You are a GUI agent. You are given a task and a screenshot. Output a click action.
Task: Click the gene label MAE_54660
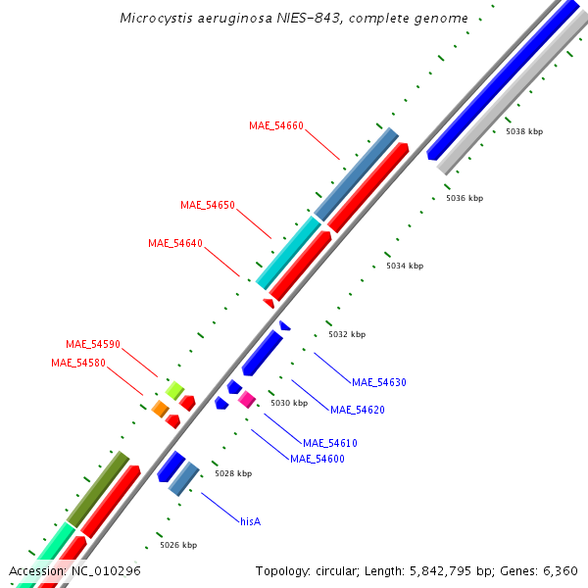click(x=276, y=125)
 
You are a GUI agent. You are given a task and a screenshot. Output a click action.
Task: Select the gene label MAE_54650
click(x=208, y=205)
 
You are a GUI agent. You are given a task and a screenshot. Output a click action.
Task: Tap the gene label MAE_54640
click(x=175, y=243)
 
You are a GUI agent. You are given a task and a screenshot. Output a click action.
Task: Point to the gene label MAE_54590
click(x=93, y=344)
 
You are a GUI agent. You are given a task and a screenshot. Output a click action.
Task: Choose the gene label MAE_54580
click(x=78, y=363)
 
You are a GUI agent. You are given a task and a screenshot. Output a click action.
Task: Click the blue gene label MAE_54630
click(x=379, y=382)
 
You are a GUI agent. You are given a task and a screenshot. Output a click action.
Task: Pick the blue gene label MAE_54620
click(x=358, y=410)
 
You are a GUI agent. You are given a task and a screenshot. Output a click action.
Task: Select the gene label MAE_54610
click(x=330, y=443)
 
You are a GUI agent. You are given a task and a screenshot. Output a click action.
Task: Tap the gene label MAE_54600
click(x=318, y=458)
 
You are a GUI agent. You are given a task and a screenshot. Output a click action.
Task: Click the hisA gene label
click(x=251, y=521)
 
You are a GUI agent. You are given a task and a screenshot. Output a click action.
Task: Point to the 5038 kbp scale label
click(x=524, y=131)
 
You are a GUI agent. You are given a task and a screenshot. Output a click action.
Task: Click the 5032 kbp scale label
click(x=347, y=334)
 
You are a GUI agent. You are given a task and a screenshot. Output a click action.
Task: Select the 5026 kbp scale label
click(x=178, y=545)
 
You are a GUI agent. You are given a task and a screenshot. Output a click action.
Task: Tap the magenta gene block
click(x=247, y=399)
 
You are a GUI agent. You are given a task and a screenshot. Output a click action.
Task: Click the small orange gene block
click(x=160, y=409)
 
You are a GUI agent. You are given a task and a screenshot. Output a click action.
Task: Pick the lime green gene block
click(x=174, y=390)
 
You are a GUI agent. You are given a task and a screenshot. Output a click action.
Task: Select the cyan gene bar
click(x=289, y=252)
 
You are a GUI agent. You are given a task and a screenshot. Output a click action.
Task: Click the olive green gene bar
click(x=98, y=488)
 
